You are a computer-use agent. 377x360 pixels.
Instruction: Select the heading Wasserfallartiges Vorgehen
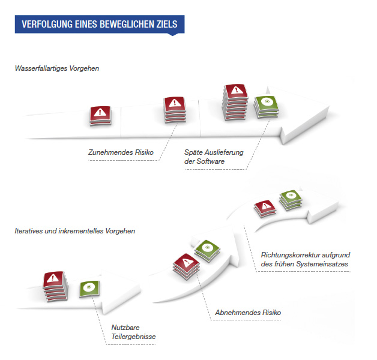tap(57, 68)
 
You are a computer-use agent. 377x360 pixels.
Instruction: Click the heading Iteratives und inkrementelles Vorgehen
tap(75, 231)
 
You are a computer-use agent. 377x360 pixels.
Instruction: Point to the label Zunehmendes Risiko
tap(121, 152)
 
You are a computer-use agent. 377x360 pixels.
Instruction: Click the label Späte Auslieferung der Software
tap(214, 157)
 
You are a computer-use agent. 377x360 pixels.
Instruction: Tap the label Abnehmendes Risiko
tap(248, 313)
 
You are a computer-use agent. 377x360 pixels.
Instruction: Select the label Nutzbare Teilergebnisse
tap(133, 332)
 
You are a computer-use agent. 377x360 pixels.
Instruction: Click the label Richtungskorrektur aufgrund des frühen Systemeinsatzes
tap(306, 259)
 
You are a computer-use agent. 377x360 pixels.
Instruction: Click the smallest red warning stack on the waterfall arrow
tap(100, 116)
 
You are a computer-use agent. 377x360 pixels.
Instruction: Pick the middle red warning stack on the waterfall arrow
tap(175, 110)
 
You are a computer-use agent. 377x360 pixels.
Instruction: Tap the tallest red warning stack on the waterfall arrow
tap(235, 102)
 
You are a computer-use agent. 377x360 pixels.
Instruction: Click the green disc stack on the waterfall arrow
tap(267, 107)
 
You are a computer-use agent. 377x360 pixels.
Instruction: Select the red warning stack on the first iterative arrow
tap(55, 286)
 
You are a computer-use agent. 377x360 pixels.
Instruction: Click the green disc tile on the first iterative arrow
tap(89, 289)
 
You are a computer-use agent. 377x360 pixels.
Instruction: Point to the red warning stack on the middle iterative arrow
tap(186, 266)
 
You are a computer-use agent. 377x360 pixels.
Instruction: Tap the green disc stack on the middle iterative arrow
tap(207, 251)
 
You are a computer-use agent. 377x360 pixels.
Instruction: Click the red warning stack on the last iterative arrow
tap(265, 208)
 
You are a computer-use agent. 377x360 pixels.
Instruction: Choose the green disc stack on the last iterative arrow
tap(291, 200)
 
